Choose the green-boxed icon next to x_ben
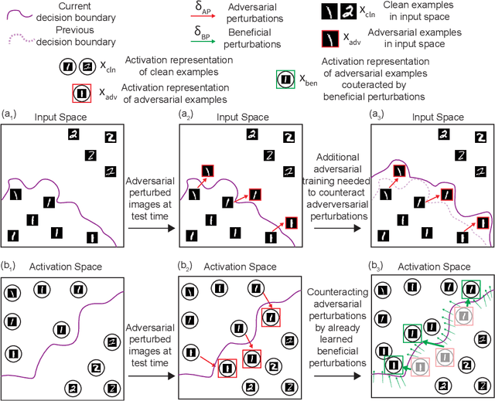click(x=285, y=79)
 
